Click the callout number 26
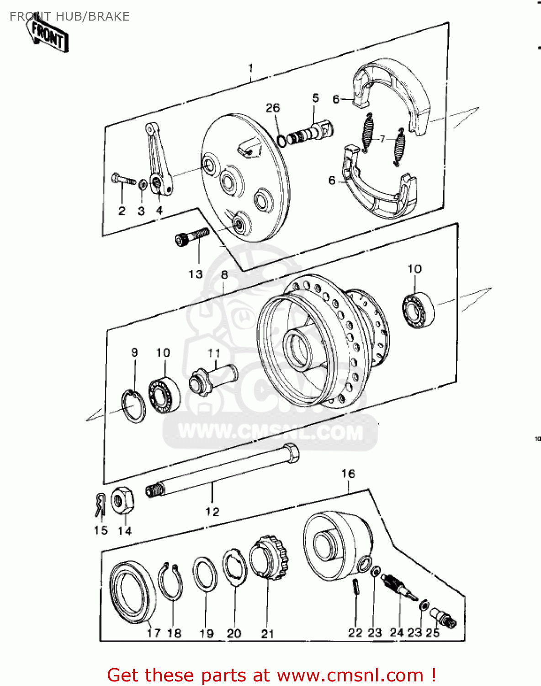(x=273, y=108)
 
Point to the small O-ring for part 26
(x=282, y=140)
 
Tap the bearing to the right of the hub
(x=419, y=311)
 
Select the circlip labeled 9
(x=134, y=406)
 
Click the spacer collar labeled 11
(x=213, y=379)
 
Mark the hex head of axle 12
(x=290, y=453)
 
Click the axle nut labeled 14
(x=122, y=501)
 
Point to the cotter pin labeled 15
(x=101, y=505)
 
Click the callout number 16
(x=348, y=474)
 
